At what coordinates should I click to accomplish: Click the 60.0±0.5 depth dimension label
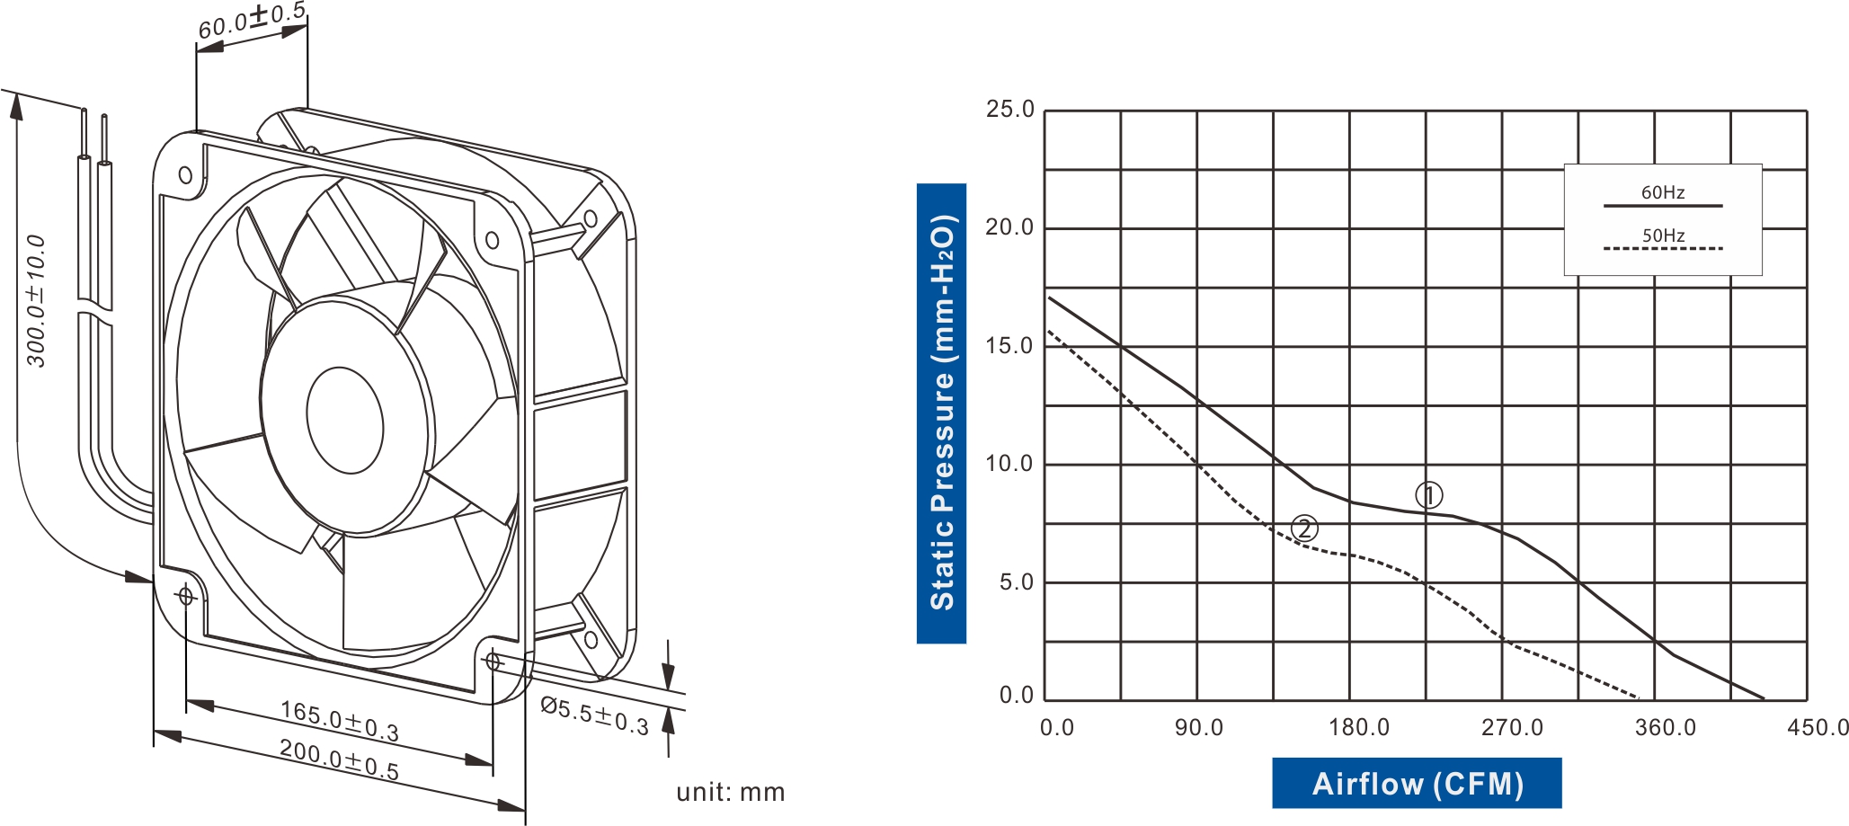(252, 21)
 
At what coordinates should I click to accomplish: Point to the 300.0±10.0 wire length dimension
(36, 301)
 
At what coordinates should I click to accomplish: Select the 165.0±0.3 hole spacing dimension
(339, 720)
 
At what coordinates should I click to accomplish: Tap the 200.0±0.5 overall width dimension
(339, 759)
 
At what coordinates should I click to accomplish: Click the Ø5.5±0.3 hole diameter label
(594, 715)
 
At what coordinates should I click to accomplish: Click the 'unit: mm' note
(730, 792)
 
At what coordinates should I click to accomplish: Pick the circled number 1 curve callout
(1428, 495)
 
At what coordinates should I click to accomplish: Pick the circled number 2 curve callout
(1304, 528)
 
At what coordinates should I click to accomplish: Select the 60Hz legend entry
(1662, 192)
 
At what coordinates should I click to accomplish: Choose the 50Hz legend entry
(1663, 235)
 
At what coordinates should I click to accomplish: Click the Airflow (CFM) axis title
(1417, 784)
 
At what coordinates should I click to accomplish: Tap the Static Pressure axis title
(941, 413)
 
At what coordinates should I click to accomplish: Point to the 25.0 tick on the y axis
(1010, 110)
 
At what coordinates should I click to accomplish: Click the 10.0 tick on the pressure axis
(1010, 464)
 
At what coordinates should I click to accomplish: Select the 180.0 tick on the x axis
(1359, 727)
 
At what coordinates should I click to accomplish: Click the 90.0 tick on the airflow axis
(1199, 727)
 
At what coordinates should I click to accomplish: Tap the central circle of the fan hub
(344, 420)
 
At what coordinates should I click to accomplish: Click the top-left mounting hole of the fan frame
(185, 174)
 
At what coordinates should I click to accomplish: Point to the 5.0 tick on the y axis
(1017, 582)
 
